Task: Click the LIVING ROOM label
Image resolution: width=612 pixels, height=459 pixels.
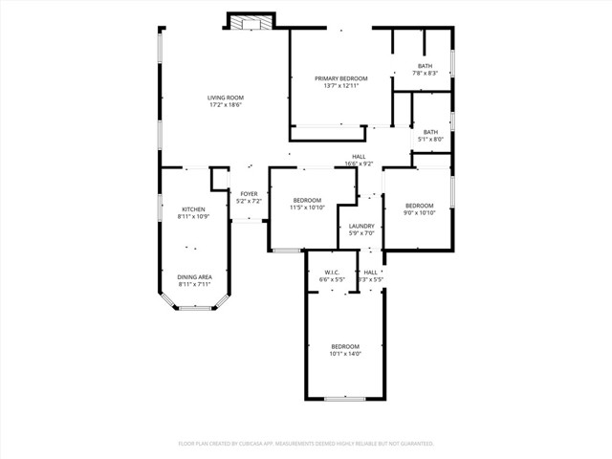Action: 225,98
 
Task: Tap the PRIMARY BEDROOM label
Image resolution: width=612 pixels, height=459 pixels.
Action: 339,78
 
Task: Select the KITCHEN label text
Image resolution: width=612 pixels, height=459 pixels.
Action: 193,209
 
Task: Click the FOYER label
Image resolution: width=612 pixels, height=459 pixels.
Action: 249,194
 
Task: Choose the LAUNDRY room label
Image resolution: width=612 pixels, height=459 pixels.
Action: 361,227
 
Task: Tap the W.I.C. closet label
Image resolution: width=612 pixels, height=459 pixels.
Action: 332,273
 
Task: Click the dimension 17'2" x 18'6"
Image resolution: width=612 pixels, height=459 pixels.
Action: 225,105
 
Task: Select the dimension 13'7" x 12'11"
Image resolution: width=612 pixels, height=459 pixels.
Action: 339,86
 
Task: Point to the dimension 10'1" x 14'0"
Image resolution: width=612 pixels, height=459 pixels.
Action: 345,354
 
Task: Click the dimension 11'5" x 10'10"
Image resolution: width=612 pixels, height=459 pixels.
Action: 307,208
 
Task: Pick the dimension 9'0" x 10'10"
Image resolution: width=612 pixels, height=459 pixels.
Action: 419,213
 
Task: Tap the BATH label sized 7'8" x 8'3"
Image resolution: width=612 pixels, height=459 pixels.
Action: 425,66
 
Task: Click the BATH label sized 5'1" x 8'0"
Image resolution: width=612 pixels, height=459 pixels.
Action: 430,132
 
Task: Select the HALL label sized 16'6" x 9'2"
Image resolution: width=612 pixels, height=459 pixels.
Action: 359,157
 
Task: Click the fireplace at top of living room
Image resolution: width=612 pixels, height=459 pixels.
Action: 251,21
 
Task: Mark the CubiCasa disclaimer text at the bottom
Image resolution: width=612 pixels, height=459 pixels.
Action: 306,444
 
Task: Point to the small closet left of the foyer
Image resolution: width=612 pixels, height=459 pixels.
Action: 220,180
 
